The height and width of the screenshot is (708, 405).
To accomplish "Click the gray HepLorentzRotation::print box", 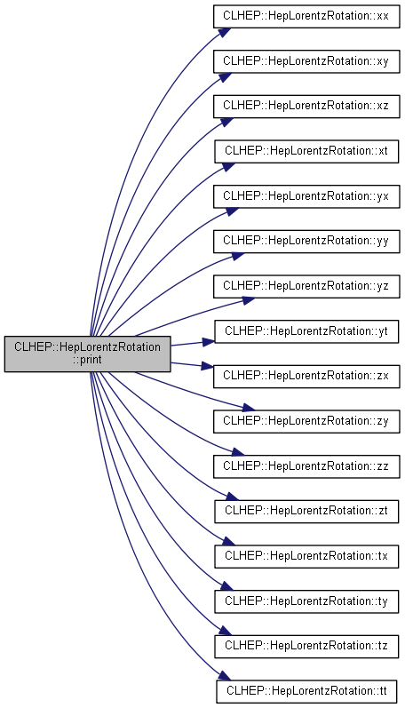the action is (88, 354).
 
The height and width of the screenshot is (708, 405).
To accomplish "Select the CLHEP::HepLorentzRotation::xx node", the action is (306, 16).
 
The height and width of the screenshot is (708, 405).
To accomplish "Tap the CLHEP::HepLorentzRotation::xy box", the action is (306, 61).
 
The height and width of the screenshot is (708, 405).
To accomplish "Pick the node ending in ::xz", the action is (306, 106).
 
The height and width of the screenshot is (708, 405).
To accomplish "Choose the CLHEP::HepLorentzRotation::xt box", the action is (306, 151).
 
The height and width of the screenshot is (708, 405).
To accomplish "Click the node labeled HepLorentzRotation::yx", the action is (306, 196).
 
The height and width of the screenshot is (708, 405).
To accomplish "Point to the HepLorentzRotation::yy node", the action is (306, 241).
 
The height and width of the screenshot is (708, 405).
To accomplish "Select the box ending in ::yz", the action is (306, 286).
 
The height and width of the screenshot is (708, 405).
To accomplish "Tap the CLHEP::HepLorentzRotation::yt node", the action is (306, 331).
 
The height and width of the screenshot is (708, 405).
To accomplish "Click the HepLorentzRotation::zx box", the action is (306, 376).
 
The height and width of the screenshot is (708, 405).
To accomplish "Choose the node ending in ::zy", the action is (306, 421).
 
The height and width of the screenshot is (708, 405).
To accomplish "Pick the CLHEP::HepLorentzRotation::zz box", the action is (306, 466).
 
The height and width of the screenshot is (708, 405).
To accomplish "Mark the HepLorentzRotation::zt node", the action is (306, 511).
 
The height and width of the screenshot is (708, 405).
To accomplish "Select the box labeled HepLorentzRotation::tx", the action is (306, 556).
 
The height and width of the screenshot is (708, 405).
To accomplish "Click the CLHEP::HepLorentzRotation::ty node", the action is (306, 601).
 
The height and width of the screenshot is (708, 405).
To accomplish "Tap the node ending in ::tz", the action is (306, 646).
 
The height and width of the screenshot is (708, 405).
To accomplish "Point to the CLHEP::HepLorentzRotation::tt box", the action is (306, 691).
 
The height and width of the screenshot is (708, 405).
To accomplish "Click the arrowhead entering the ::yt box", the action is (208, 342).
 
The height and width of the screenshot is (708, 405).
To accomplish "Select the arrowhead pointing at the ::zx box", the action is (208, 366).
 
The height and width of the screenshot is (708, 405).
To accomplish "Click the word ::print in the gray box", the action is (88, 360).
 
